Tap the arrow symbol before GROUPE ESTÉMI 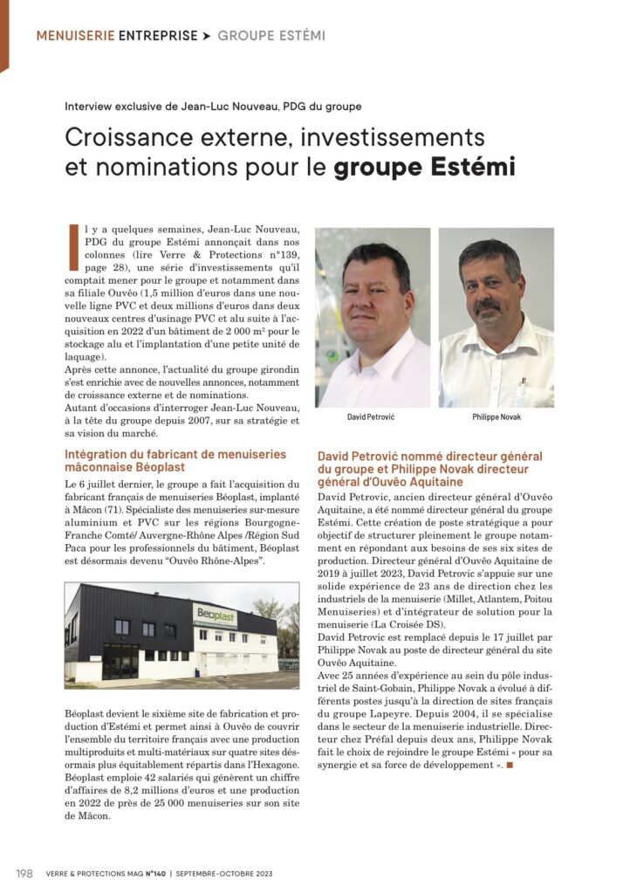pos(206,36)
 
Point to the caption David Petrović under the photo pos(372,417)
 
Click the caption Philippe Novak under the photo pos(496,417)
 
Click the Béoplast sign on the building pos(215,615)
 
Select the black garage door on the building pos(120,661)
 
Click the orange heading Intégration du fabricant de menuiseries pos(175,454)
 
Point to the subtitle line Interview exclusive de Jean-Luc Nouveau pos(213,107)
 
